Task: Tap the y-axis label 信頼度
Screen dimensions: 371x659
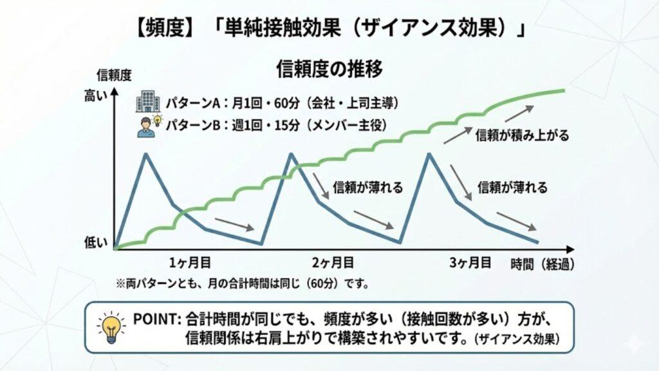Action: (x=113, y=75)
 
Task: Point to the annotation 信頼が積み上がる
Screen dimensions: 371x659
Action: (x=522, y=136)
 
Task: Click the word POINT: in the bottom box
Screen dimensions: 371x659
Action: (x=156, y=318)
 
